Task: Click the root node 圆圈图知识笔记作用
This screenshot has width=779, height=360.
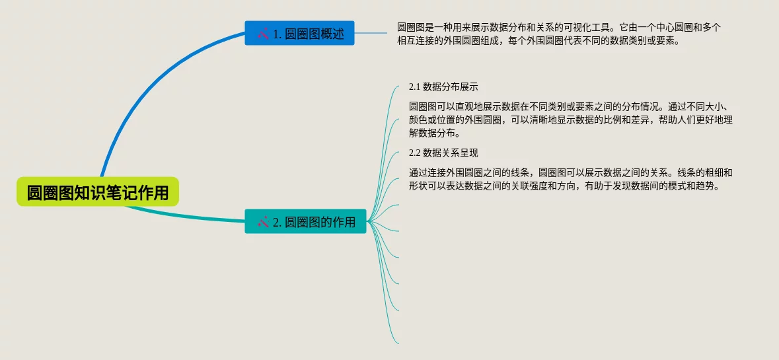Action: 98,192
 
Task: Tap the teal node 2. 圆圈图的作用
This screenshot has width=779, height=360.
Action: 305,221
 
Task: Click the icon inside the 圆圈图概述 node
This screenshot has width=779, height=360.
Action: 262,33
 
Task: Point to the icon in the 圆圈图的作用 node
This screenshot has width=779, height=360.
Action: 262,222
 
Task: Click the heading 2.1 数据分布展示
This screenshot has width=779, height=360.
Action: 443,87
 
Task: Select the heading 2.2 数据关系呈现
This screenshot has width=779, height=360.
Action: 443,153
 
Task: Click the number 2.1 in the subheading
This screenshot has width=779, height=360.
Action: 415,87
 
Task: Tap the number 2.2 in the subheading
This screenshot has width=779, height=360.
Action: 415,153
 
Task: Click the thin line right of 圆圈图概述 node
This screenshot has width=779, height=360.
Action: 373,33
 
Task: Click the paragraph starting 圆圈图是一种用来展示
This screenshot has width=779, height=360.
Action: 558,34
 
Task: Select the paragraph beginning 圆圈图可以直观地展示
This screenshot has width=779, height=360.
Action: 572,120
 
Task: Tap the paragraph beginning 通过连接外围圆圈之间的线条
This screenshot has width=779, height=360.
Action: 571,179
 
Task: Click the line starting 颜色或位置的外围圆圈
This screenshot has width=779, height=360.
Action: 571,120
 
